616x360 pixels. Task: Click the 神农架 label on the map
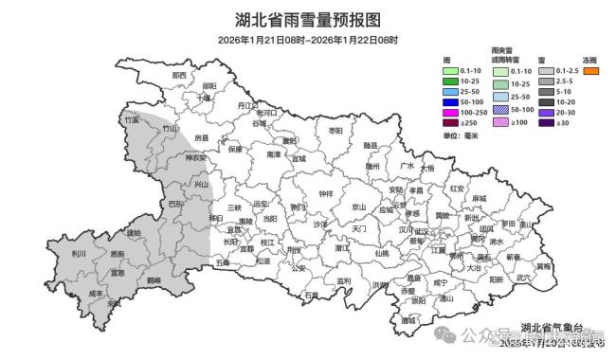[195, 158]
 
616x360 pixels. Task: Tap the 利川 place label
[79, 254]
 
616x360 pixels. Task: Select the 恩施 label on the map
[118, 254]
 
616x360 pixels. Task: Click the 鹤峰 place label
[154, 280]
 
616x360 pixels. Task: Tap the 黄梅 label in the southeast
[543, 266]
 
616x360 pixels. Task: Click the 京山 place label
[358, 207]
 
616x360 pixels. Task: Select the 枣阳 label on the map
[334, 130]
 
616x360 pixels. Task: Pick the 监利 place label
[344, 280]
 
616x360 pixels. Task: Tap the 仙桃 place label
[381, 253]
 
